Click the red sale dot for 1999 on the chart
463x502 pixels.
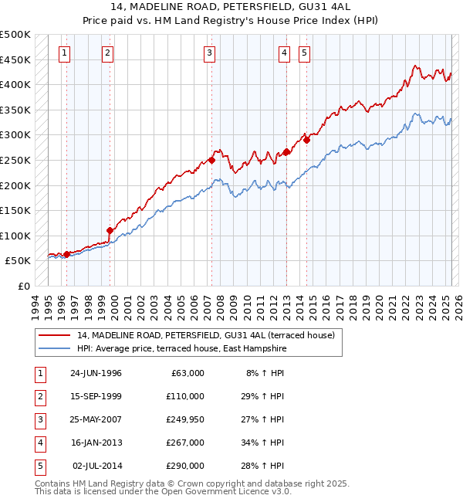click(x=110, y=230)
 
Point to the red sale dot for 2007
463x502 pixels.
click(x=211, y=161)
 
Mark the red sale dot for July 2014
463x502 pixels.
click(x=306, y=140)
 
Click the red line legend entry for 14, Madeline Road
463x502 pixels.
click(x=205, y=335)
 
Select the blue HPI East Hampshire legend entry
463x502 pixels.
click(x=181, y=349)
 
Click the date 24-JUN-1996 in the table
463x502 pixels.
click(x=96, y=373)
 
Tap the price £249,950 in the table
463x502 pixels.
click(x=184, y=419)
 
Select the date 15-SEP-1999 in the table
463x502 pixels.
click(x=96, y=396)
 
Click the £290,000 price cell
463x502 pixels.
click(x=184, y=466)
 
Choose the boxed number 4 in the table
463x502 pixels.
click(x=39, y=443)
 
